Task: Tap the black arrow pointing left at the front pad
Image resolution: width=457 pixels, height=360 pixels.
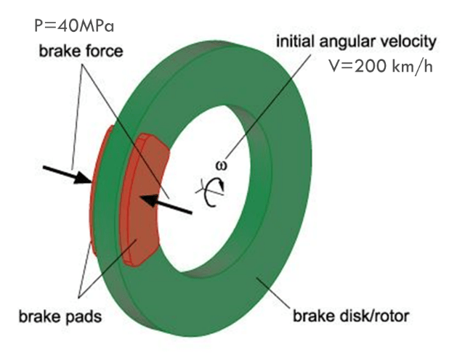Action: click(168, 202)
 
